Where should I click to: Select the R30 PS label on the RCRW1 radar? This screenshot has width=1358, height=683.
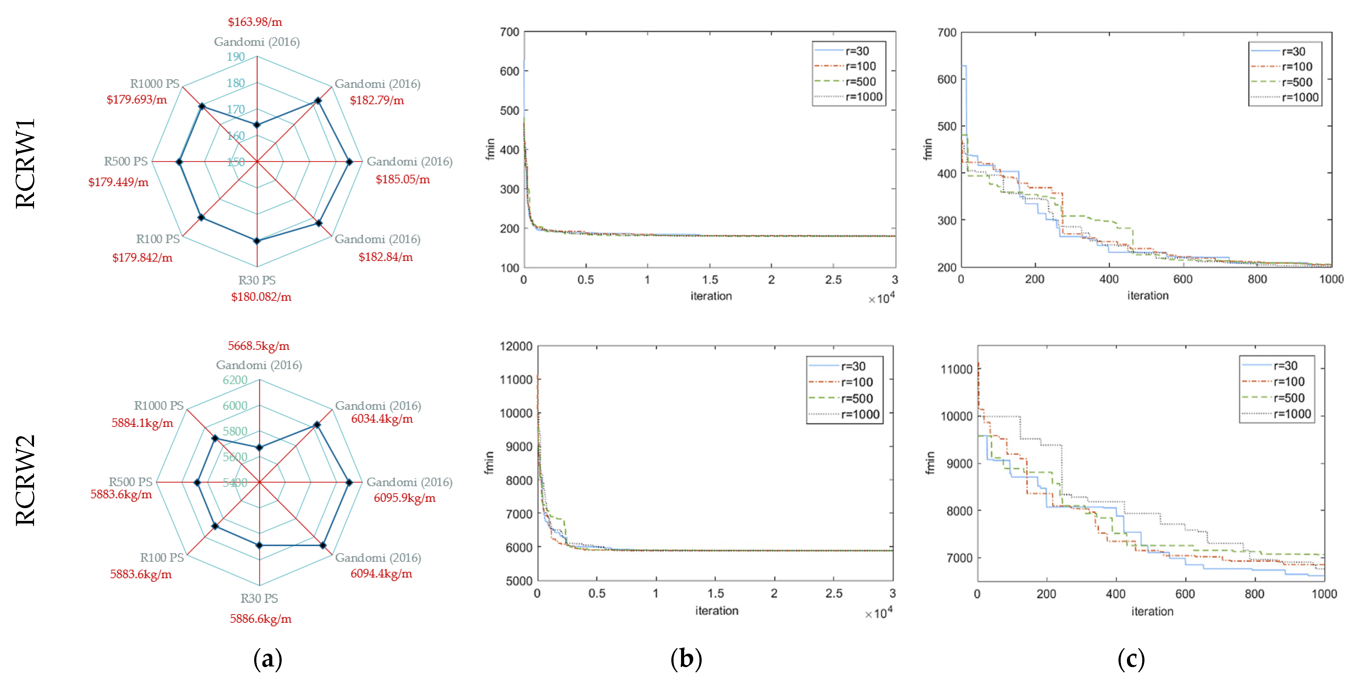(x=257, y=280)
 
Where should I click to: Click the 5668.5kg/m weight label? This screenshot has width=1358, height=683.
(x=258, y=346)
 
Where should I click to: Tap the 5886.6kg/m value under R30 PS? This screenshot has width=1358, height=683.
(x=260, y=619)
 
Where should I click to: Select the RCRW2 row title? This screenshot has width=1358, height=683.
(x=25, y=480)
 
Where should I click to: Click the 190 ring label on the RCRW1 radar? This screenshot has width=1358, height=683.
(x=236, y=57)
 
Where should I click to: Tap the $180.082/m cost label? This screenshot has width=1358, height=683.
(x=261, y=297)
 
